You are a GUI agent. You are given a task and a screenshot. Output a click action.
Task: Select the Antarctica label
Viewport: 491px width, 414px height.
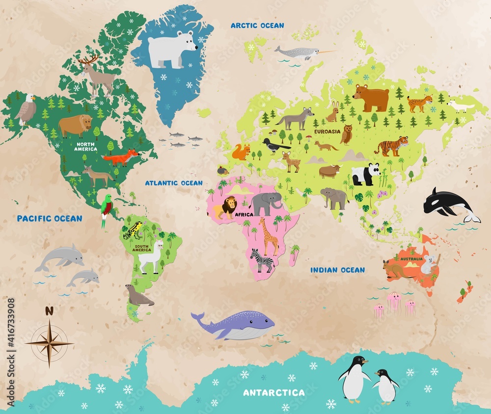click(x=274, y=392)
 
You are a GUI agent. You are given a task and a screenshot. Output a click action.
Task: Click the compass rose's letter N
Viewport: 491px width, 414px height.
click(x=49, y=310)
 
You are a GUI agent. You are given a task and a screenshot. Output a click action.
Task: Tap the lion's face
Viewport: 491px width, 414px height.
click(x=230, y=205)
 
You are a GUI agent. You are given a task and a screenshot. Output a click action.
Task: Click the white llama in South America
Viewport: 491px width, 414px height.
click(x=151, y=256)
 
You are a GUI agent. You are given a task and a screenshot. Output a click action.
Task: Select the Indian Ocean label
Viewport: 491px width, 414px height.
click(x=337, y=270)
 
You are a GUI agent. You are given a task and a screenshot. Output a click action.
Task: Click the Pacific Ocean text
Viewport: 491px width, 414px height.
click(x=50, y=218)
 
